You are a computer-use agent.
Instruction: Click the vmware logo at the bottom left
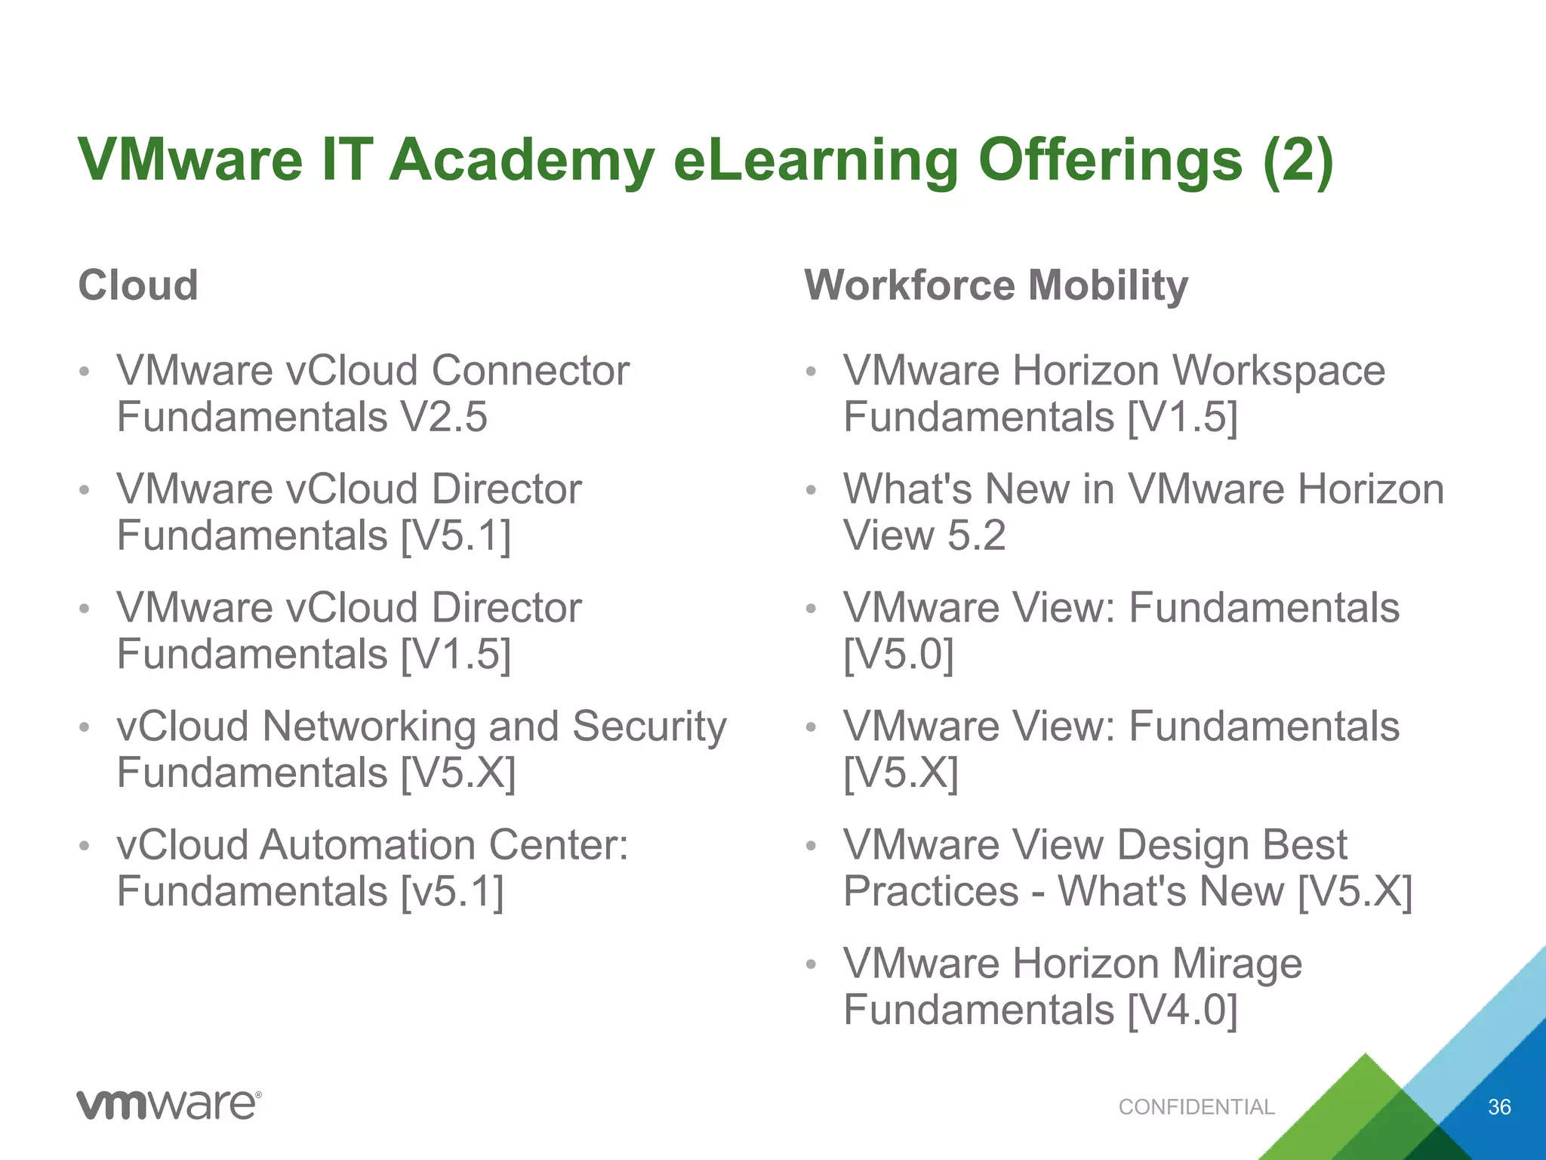coord(169,1105)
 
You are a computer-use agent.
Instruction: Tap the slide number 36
coord(1498,1107)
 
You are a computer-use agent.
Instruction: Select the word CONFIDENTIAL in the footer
coord(1196,1107)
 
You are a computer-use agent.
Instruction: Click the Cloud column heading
coord(138,285)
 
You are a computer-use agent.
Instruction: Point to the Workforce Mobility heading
coord(996,285)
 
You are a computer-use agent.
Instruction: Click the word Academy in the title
coord(521,160)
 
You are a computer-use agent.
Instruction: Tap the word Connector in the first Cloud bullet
coord(530,371)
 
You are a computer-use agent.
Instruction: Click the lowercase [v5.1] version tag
coord(451,892)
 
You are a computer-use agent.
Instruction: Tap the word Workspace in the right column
coord(1278,371)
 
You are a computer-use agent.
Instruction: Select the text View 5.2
coord(924,535)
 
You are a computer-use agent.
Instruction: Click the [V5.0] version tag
coord(898,654)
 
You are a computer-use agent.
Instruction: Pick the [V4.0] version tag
coord(1182,1010)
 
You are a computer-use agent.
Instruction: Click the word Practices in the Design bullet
coord(931,892)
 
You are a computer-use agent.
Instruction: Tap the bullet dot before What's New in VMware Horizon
coord(811,490)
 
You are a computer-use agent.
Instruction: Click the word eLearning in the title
coord(816,160)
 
